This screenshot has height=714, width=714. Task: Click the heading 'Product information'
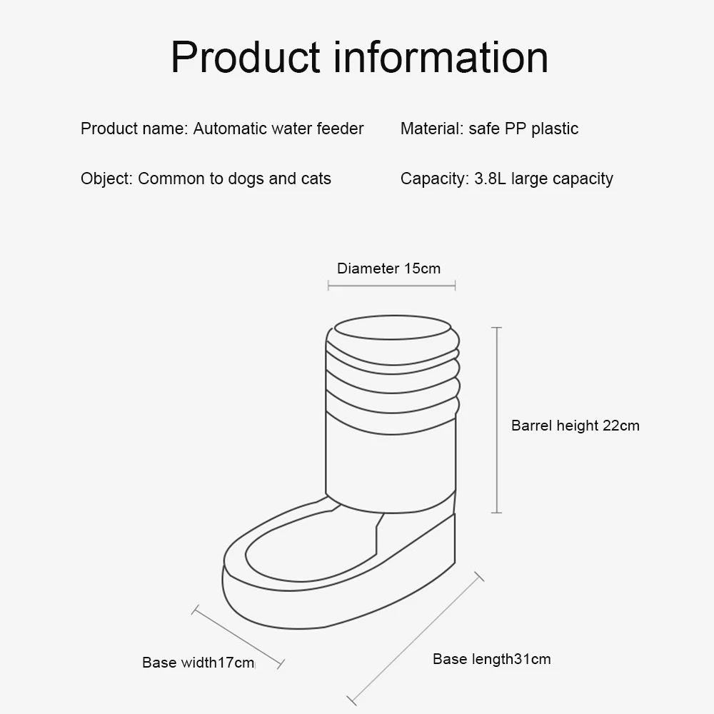359,57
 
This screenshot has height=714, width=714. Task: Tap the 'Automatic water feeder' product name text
278,129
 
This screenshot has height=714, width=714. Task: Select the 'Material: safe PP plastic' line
489,129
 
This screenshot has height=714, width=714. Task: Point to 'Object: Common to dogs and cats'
206,178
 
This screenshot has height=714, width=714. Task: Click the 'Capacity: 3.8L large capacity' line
506,178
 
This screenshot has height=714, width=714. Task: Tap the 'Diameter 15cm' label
388,268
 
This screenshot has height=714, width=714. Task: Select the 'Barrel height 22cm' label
575,426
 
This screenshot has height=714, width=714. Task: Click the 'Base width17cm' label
198,663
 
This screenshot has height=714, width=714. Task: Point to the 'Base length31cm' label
491,658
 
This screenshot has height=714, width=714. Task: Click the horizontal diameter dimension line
391,286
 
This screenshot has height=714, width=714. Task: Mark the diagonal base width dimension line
238,637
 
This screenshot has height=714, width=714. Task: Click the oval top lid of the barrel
392,328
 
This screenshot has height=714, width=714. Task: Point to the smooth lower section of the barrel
391,464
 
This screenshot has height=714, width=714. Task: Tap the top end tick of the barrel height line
497,328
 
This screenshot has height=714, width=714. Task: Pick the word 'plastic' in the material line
555,129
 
